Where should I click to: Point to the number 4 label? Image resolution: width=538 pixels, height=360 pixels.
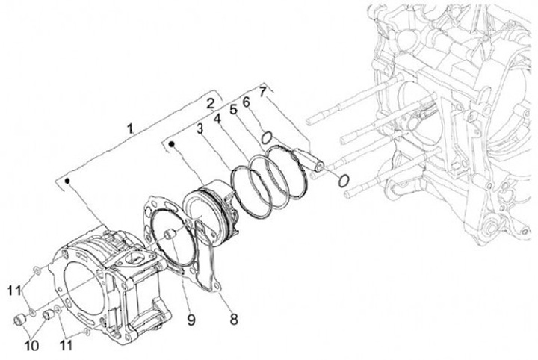[x=217, y=120]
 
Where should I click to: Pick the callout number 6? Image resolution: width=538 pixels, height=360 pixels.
[x=247, y=101]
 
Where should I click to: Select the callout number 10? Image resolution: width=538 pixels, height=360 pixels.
[x=31, y=345]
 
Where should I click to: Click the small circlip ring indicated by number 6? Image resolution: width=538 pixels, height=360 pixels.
[x=265, y=137]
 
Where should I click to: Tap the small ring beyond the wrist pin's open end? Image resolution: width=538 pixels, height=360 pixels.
[x=342, y=179]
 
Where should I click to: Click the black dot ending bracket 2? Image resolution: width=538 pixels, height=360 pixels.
[x=173, y=140]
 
